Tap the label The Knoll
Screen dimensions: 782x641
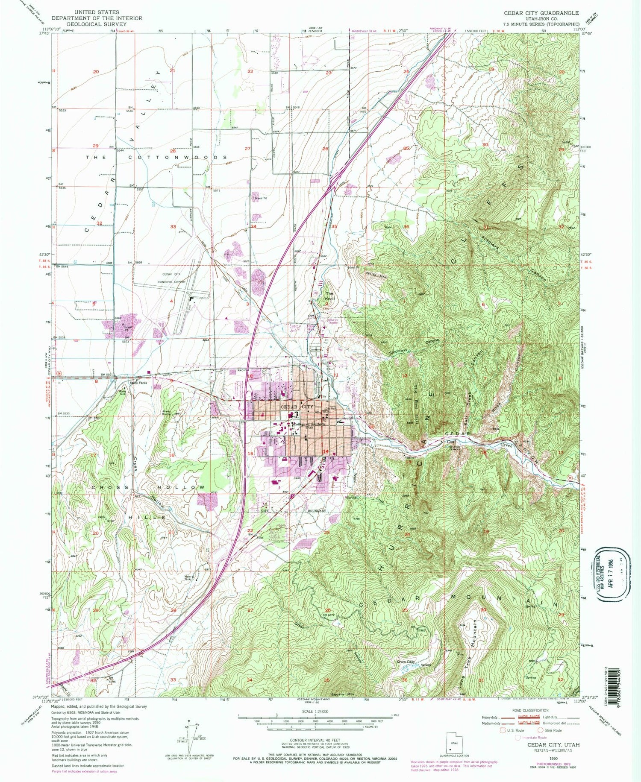(x=329, y=296)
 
